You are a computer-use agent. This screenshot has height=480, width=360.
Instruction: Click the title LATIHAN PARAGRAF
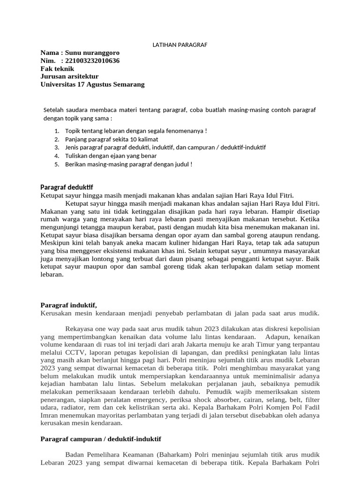click(180, 45)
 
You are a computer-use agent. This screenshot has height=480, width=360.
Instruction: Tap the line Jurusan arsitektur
click(69, 76)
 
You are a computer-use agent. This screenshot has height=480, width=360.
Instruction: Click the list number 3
click(57, 147)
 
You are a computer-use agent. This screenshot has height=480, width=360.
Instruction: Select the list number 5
click(57, 164)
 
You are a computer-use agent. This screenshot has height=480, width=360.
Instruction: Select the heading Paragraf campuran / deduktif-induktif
click(101, 439)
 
